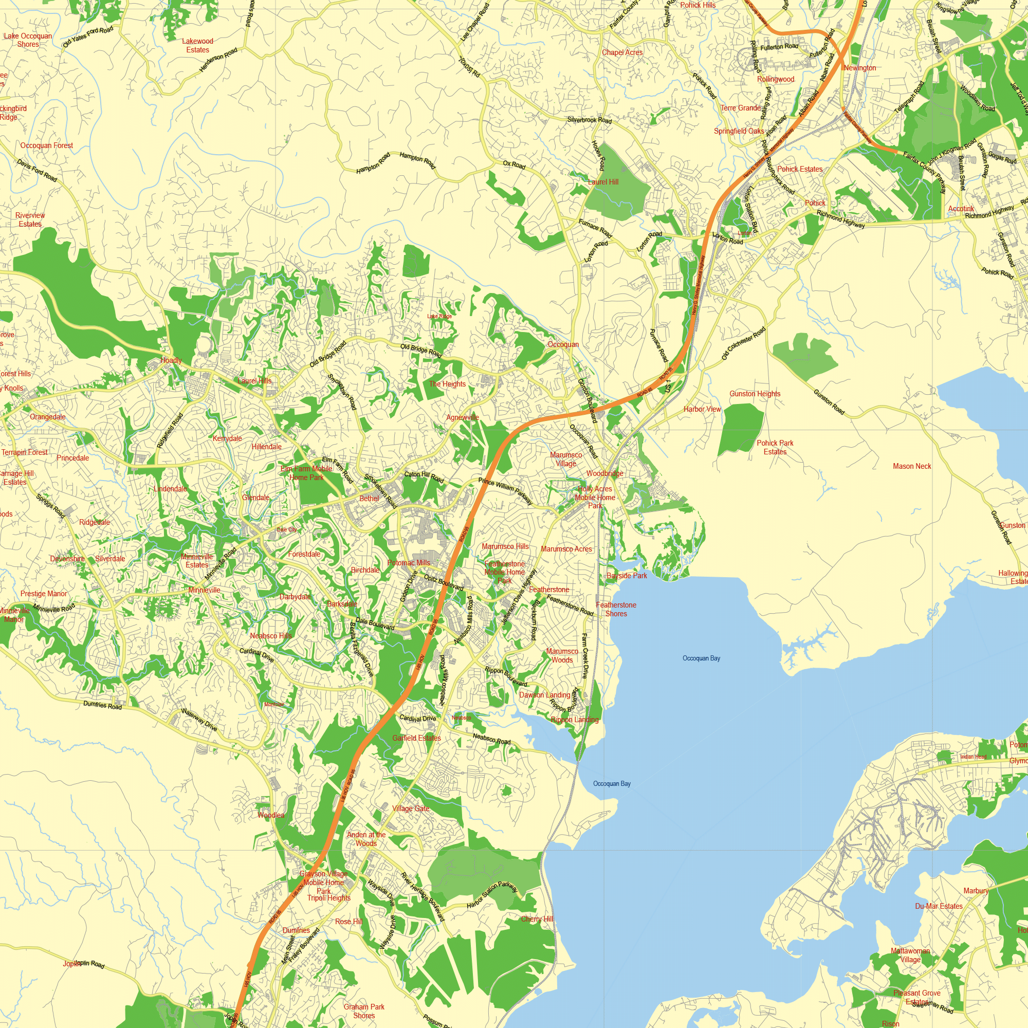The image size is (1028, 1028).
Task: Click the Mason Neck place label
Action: pos(911,466)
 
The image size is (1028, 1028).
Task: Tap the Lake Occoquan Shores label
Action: pos(28,40)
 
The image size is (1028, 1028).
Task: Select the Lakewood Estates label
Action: pos(197,45)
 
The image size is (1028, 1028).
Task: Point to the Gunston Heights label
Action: pos(755,394)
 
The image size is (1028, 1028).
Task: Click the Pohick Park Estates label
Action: pos(775,447)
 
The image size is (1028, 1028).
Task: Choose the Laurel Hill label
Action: pos(603,182)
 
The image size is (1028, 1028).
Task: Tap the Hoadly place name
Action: pos(171,360)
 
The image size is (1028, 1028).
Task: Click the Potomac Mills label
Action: pos(408,562)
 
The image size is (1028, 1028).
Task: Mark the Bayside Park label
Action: pos(627,575)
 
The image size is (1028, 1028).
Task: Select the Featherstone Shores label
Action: pos(616,609)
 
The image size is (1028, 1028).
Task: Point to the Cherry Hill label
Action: pos(537,919)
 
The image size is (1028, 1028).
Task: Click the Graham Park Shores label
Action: pos(364,1011)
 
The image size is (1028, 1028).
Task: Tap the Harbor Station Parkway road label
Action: pos(492,894)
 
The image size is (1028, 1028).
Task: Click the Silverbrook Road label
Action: pos(589,120)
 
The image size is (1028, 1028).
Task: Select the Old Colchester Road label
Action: pos(743,343)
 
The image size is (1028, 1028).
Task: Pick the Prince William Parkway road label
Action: pos(505,490)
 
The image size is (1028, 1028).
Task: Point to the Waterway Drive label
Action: pos(199,720)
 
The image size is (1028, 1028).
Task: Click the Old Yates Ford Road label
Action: pos(88,37)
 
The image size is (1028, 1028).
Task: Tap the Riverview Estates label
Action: pos(30,219)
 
